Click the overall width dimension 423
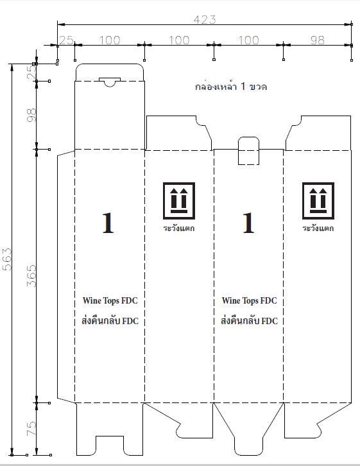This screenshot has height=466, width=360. click(205, 20)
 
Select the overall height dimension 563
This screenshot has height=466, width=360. click(7, 259)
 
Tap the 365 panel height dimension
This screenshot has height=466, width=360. click(31, 276)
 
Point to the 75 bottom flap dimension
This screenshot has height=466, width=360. click(31, 428)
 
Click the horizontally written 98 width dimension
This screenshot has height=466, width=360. click(317, 40)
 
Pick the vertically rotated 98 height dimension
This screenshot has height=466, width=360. click(31, 115)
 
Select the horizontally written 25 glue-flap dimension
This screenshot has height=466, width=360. click(66, 40)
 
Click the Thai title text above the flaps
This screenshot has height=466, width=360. click(231, 87)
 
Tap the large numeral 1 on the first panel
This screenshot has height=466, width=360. click(108, 223)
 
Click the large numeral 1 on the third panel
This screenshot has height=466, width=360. click(248, 223)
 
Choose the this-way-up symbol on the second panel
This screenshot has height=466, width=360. click(179, 201)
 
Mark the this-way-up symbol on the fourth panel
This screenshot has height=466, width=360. click(318, 201)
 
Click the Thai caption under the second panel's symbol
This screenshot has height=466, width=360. click(179, 228)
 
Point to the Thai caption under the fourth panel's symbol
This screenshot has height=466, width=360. click(318, 228)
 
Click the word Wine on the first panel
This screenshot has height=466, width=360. click(92, 300)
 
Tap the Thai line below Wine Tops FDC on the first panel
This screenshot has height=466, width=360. click(110, 320)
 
